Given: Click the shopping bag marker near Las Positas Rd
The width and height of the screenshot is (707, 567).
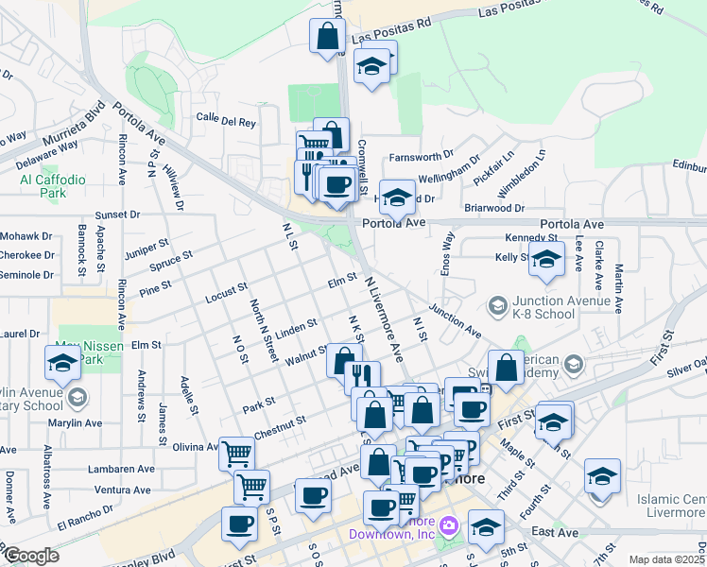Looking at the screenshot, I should (327, 37).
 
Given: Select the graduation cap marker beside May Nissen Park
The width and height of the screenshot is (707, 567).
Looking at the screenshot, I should (62, 364).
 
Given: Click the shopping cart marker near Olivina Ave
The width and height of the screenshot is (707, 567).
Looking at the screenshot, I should (237, 455).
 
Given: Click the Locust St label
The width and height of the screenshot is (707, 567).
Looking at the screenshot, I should (226, 292).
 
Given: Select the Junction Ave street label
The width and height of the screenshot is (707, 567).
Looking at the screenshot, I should (455, 320).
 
